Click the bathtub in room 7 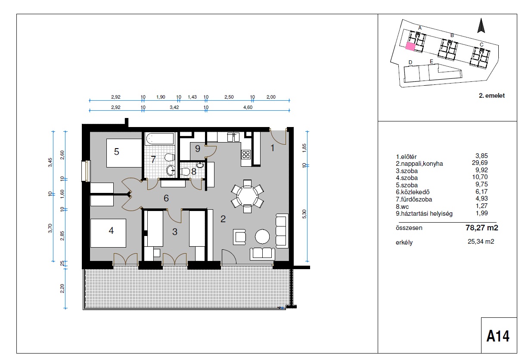pyautogui.click(x=160, y=139)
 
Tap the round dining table pyautogui.click(x=247, y=196)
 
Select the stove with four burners pyautogui.click(x=246, y=155)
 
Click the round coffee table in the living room pyautogui.click(x=262, y=237)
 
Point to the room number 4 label pyautogui.click(x=111, y=231)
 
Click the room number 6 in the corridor pyautogui.click(x=166, y=198)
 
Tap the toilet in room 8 pyautogui.click(x=185, y=171)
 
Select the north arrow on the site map pyautogui.click(x=481, y=25)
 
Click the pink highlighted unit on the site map pyautogui.click(x=410, y=47)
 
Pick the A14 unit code pyautogui.click(x=498, y=336)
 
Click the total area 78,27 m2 pyautogui.click(x=482, y=227)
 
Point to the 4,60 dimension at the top pyautogui.click(x=248, y=107)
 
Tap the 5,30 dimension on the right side pyautogui.click(x=304, y=214)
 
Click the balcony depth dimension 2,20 pyautogui.click(x=62, y=288)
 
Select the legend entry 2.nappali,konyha pyautogui.click(x=419, y=164)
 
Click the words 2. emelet pyautogui.click(x=492, y=96)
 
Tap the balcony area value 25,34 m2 pyautogui.click(x=481, y=242)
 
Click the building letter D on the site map pyautogui.click(x=410, y=62)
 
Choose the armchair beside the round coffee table pyautogui.click(x=239, y=237)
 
